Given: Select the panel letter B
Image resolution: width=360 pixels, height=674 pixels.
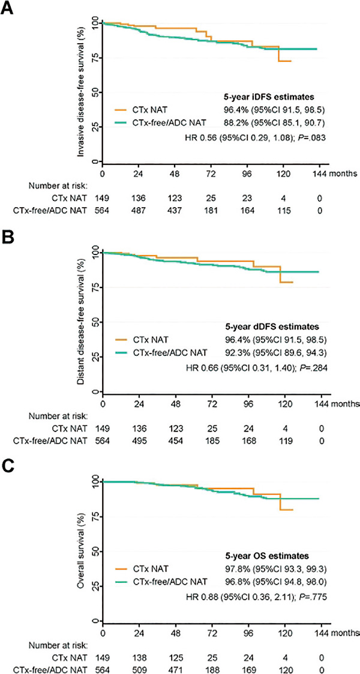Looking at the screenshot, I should pos(8,240).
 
